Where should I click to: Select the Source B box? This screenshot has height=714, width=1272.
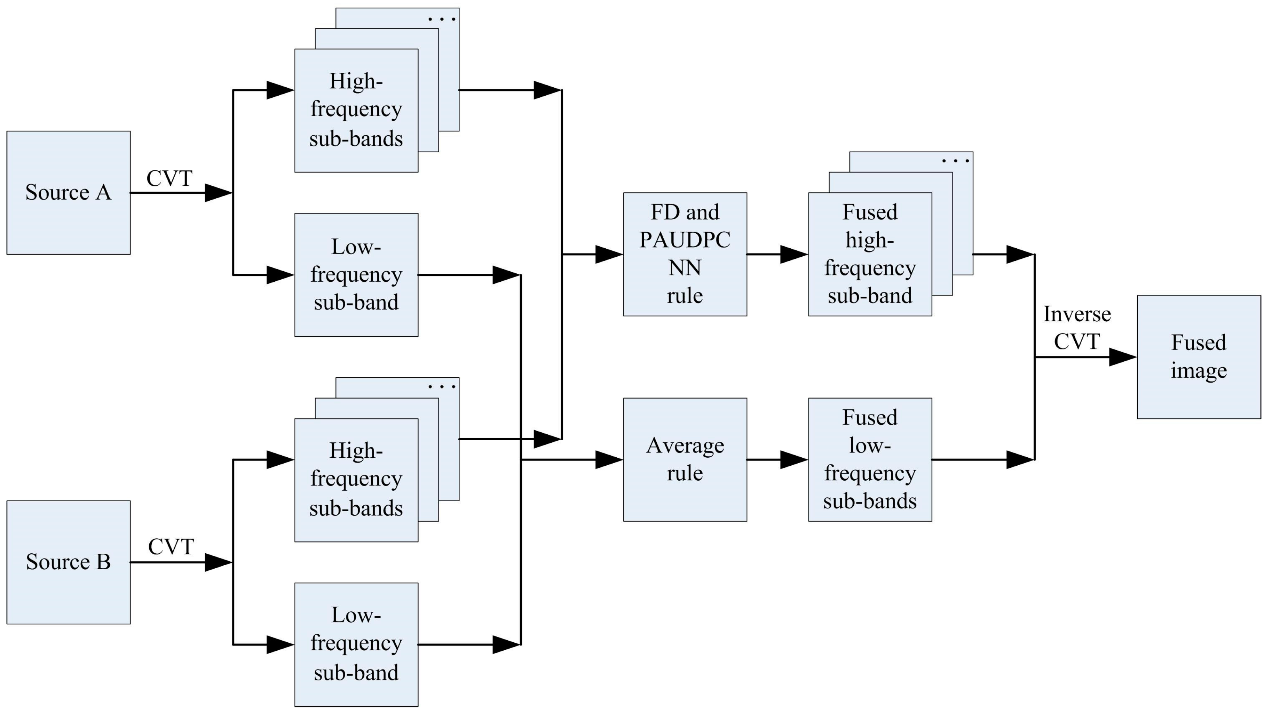[x=68, y=562]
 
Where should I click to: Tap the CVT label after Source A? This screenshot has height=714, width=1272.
[x=169, y=178]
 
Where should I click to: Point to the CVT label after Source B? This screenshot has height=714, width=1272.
[x=171, y=547]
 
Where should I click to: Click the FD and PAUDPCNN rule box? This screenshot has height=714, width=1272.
[x=685, y=254]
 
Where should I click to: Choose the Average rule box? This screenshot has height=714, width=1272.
[x=685, y=459]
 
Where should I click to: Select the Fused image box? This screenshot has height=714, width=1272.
[x=1199, y=357]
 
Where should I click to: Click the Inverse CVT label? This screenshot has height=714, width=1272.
[x=1077, y=328]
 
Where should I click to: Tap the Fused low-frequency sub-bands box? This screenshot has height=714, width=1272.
[x=870, y=459]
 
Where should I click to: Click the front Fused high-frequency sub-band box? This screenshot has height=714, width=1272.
[x=870, y=254]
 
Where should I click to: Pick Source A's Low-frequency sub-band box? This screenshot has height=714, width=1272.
[x=356, y=275]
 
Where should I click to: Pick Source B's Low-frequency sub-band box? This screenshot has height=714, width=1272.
[x=356, y=644]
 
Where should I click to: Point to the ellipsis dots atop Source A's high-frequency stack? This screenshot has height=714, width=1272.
[x=442, y=19]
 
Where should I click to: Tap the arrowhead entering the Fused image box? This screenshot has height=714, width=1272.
[x=1123, y=357]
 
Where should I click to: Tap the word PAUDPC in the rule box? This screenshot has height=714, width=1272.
[x=685, y=240]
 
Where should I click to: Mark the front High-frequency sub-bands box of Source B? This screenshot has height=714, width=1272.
[x=356, y=480]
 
